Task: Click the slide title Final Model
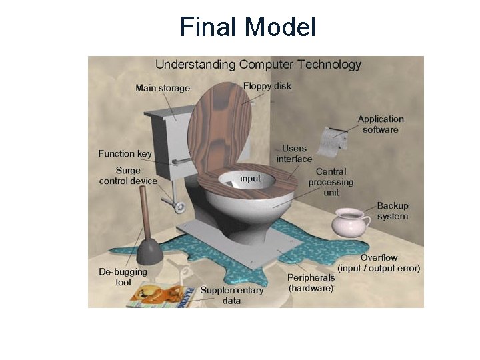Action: (x=247, y=27)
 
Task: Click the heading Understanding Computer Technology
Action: (x=258, y=65)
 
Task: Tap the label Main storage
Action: (x=163, y=88)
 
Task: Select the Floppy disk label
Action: (x=267, y=86)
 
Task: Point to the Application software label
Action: (x=381, y=124)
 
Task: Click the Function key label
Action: (x=125, y=153)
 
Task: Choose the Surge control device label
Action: (x=128, y=175)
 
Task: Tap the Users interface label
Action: (x=294, y=153)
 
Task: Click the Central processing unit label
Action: (x=331, y=182)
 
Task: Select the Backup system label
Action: (x=393, y=211)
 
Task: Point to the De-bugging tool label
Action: (x=123, y=277)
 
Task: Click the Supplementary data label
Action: (x=232, y=295)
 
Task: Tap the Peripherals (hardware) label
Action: (x=311, y=283)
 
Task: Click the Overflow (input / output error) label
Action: (x=379, y=263)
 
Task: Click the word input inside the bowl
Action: (x=250, y=179)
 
